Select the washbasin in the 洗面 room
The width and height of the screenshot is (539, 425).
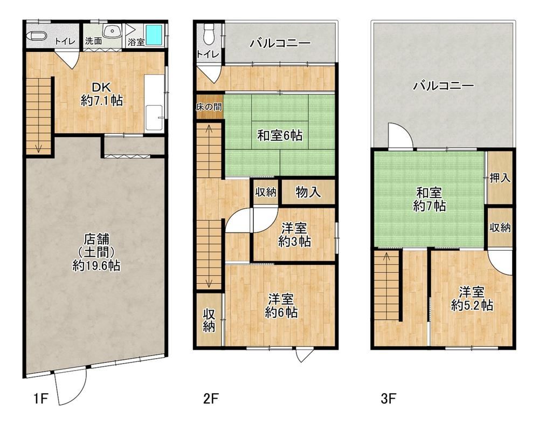pyautogui.click(x=112, y=31)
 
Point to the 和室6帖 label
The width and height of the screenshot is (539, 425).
pyautogui.click(x=279, y=136)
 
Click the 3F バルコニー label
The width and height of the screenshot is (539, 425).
pyautogui.click(x=443, y=85)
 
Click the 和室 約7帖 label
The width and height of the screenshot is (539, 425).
pyautogui.click(x=430, y=198)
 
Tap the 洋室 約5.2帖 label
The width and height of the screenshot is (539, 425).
pyautogui.click(x=471, y=299)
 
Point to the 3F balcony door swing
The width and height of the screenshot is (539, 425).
pyautogui.click(x=399, y=136)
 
